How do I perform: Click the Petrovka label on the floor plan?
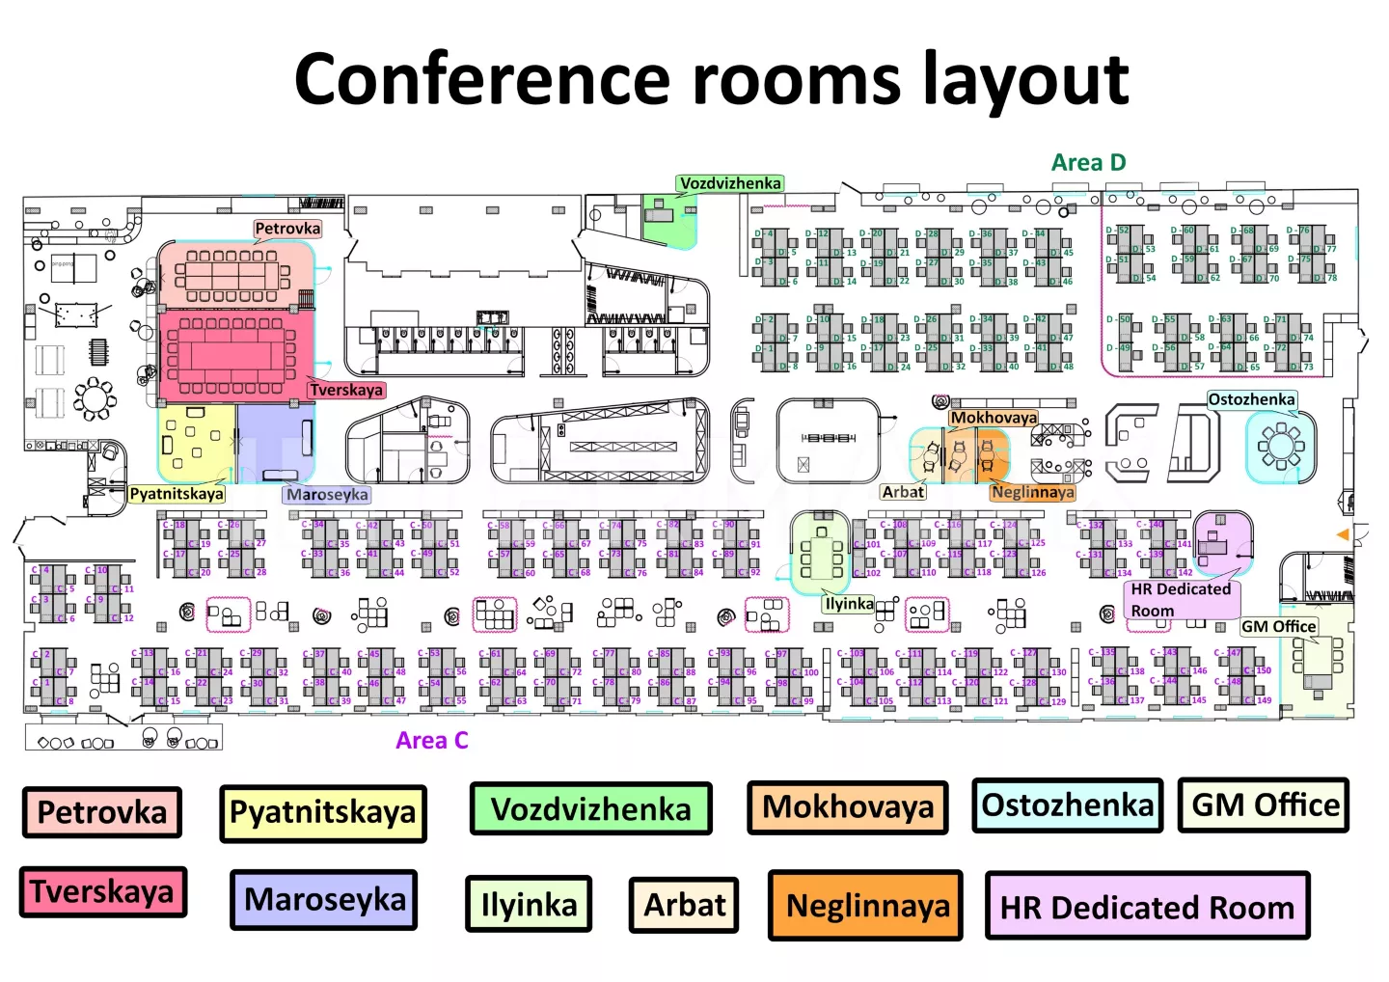(287, 229)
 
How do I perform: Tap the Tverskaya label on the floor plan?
(345, 390)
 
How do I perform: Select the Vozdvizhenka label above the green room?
(730, 183)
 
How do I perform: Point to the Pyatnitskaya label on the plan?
(177, 494)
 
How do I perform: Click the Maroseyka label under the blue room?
(327, 495)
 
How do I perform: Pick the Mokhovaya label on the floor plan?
(994, 418)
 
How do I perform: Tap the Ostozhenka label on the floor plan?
(1251, 399)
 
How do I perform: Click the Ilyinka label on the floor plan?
(849, 604)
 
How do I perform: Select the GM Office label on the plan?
(1278, 626)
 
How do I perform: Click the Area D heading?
(1088, 162)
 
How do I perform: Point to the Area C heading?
(432, 740)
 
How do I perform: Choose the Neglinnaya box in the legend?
(865, 905)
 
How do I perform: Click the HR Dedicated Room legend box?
(1147, 906)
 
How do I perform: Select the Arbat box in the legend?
(684, 905)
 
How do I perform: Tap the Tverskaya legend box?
(102, 891)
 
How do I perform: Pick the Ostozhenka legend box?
(1067, 805)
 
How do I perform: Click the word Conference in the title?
(481, 79)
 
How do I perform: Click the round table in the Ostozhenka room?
(1280, 445)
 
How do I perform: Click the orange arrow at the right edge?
(1342, 534)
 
